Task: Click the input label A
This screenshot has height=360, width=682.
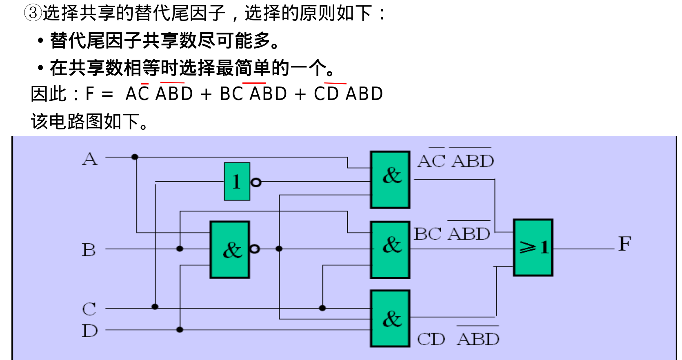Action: click(x=90, y=159)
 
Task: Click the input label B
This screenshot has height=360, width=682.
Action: click(x=89, y=250)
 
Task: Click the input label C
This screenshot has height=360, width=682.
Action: click(x=89, y=309)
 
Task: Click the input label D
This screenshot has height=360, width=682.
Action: click(x=89, y=331)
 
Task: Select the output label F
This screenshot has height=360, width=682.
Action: click(x=624, y=244)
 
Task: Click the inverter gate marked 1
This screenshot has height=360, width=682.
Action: click(x=237, y=182)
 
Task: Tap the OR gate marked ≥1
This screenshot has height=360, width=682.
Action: click(x=533, y=248)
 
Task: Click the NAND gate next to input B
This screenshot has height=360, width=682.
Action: click(x=230, y=250)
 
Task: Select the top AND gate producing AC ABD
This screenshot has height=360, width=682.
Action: click(x=390, y=180)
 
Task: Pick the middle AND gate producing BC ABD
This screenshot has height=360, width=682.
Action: click(x=390, y=250)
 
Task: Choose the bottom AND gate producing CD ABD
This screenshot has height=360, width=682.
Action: click(x=390, y=318)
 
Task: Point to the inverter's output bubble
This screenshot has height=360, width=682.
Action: click(x=256, y=182)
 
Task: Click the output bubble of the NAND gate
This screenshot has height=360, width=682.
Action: click(x=254, y=249)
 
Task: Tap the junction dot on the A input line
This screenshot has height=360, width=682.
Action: click(x=135, y=157)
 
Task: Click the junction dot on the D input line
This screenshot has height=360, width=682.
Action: click(x=180, y=329)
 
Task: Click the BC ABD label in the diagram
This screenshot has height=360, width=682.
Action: click(x=452, y=234)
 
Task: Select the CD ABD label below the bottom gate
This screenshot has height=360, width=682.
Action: click(x=458, y=339)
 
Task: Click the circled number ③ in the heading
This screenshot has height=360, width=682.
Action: click(x=33, y=13)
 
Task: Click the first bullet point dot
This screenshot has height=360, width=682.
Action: click(x=40, y=41)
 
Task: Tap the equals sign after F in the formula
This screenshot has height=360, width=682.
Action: click(x=107, y=94)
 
